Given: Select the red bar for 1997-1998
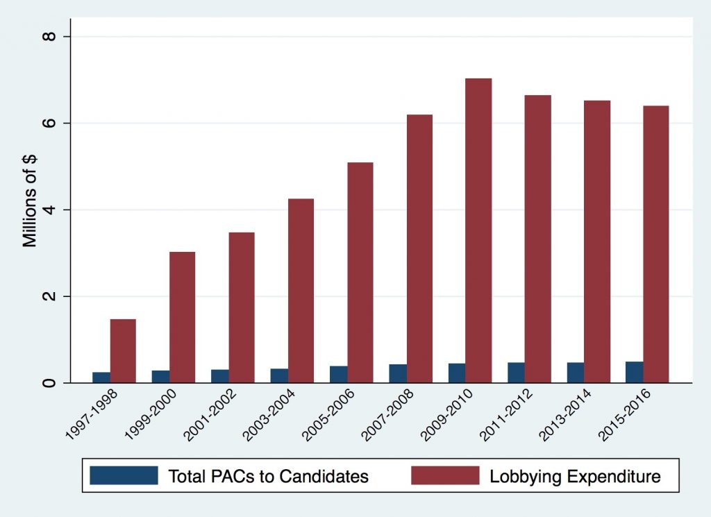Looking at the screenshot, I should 123,350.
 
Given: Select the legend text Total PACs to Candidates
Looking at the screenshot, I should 268,476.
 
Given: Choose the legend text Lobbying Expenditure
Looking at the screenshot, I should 575,476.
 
